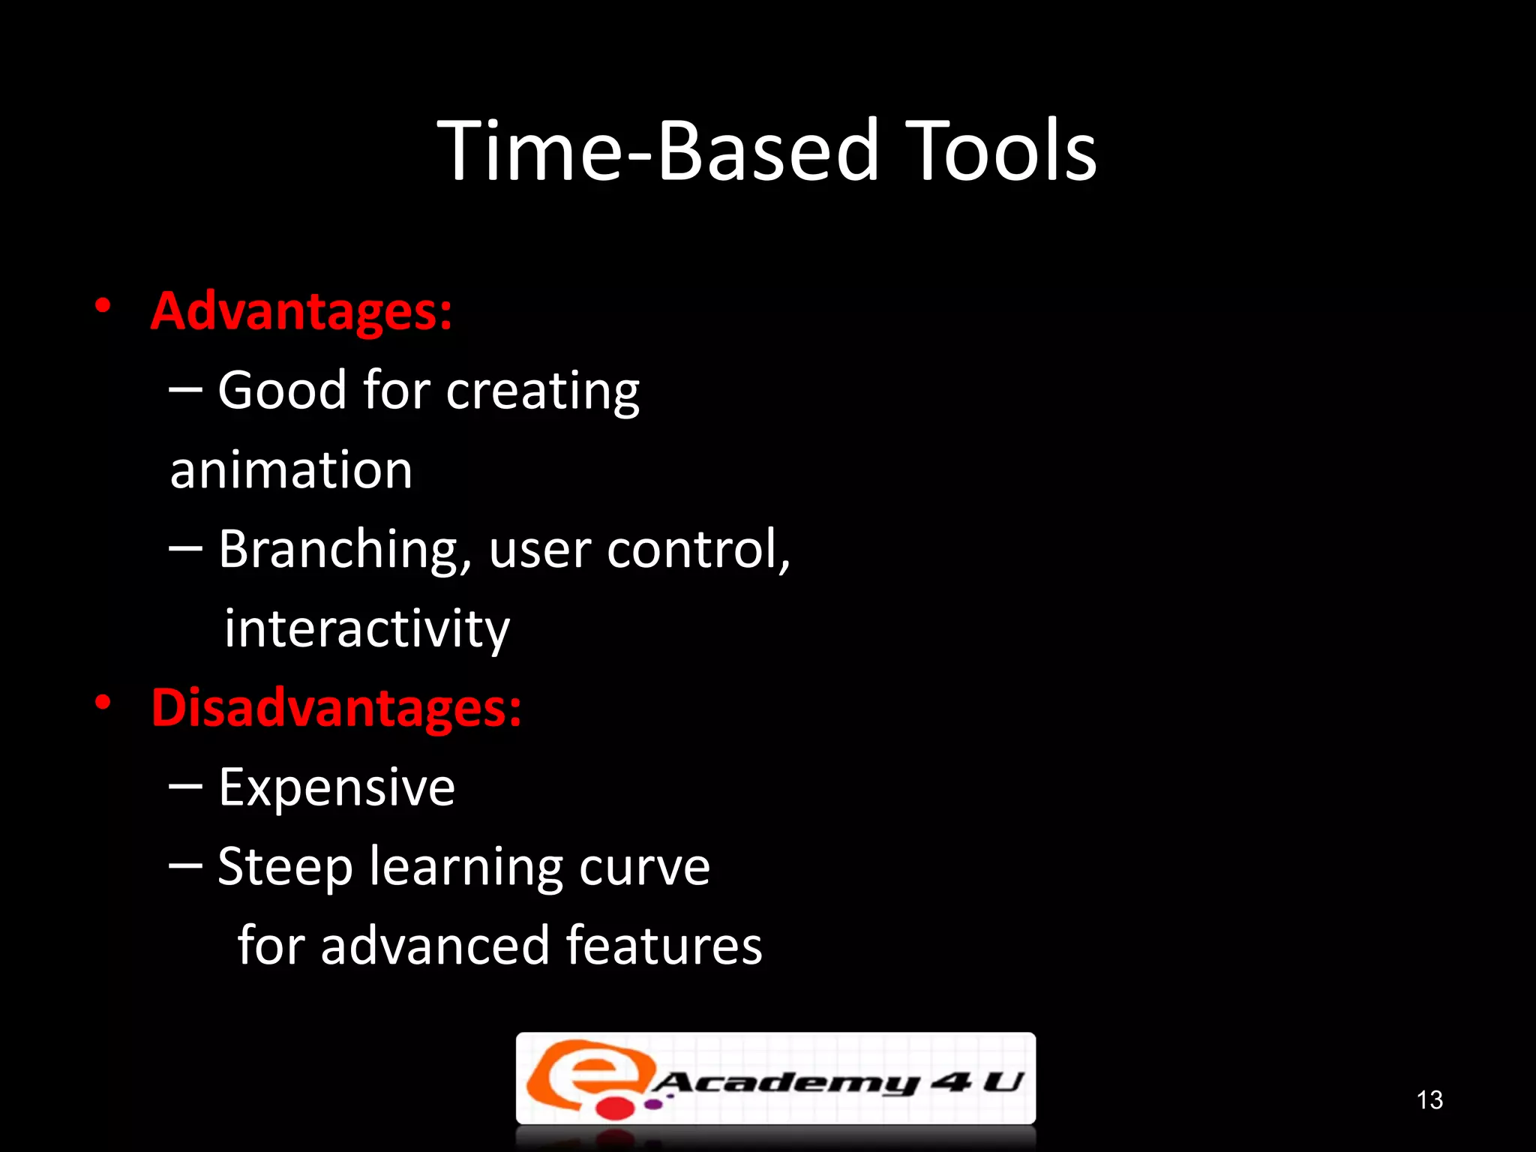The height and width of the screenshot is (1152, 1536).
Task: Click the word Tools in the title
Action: coord(1001,151)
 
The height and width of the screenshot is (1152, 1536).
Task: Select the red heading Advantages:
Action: coord(301,311)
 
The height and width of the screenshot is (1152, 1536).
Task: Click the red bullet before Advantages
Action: coord(103,306)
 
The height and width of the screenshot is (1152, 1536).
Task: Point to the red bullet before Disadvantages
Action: coord(103,703)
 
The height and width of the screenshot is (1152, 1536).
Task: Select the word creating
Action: coord(543,392)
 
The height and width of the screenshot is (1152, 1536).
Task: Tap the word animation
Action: coord(291,471)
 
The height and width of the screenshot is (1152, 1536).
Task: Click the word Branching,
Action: coord(345,550)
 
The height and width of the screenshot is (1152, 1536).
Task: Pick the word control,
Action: coord(698,549)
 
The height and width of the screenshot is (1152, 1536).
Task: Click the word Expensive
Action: coord(337,788)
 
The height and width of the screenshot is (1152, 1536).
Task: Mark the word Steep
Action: coord(285,868)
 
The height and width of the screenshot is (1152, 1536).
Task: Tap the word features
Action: coord(664,946)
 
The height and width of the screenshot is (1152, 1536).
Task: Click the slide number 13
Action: coord(1429,1099)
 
